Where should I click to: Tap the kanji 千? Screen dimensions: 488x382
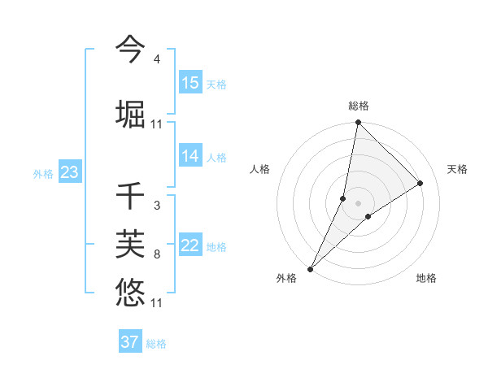(x=130, y=196)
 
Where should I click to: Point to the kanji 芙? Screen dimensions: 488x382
(x=130, y=243)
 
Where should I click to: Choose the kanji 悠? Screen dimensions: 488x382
(x=130, y=292)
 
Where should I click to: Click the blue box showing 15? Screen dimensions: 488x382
(x=190, y=83)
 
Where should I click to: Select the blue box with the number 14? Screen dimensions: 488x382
(x=190, y=156)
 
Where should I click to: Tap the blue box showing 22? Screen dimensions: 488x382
(x=190, y=246)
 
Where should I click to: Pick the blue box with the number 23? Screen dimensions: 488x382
(x=69, y=172)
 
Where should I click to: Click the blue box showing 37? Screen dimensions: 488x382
(x=130, y=342)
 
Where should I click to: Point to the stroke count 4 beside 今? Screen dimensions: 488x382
(x=156, y=60)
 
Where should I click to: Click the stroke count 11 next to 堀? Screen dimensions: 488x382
(x=156, y=124)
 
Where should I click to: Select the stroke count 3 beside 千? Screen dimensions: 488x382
(x=156, y=206)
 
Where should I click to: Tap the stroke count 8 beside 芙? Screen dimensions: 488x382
(x=156, y=254)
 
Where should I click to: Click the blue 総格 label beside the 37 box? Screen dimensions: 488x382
(x=157, y=344)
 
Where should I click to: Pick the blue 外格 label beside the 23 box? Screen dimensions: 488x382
(x=43, y=173)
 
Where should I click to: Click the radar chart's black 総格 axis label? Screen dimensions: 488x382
(x=359, y=106)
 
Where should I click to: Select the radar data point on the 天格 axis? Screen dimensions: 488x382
(x=420, y=184)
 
